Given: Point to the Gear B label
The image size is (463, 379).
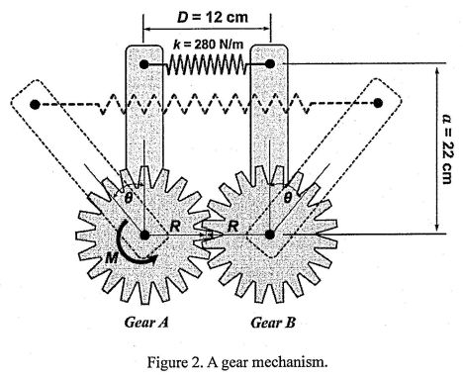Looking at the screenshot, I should [x=269, y=322].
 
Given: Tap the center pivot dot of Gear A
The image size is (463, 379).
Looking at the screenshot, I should [x=145, y=236].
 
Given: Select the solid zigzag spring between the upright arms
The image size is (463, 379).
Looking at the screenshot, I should [x=206, y=64].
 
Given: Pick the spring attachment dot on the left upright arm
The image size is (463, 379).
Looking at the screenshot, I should [x=145, y=64].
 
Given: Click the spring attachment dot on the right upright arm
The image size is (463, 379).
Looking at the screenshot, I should [x=269, y=64].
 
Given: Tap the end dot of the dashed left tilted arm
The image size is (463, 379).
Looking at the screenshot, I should [x=36, y=103].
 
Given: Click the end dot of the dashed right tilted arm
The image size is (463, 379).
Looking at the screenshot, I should [x=379, y=103].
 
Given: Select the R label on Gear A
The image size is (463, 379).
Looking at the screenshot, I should [x=172, y=227].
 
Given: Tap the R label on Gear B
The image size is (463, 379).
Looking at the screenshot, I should [x=233, y=227].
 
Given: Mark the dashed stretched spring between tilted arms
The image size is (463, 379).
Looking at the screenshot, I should [x=207, y=103].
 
